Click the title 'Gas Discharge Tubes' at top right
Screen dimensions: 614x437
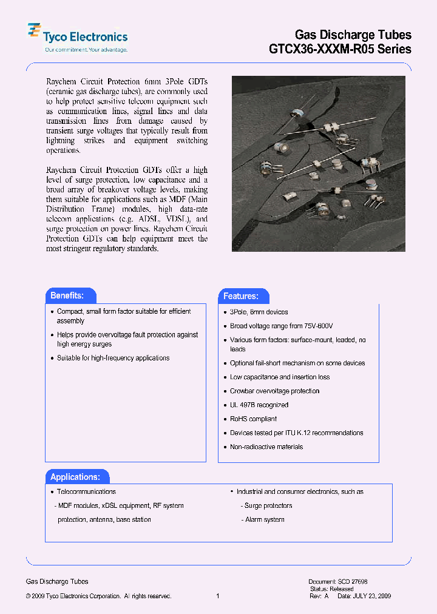[353, 35]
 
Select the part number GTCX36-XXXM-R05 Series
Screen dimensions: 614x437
[340, 49]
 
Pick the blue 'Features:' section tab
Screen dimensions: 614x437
[241, 296]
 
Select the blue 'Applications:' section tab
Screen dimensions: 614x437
[75, 477]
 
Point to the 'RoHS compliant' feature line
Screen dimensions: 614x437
[253, 419]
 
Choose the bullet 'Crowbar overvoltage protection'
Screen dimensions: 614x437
[274, 391]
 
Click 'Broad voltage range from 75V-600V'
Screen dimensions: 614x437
[281, 326]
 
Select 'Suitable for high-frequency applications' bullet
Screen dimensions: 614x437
[113, 358]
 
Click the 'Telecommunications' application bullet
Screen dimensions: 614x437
[86, 491]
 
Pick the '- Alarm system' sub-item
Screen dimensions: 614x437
[262, 519]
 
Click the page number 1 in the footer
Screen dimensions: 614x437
[218, 596]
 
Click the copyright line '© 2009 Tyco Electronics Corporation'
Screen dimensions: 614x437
[98, 596]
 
